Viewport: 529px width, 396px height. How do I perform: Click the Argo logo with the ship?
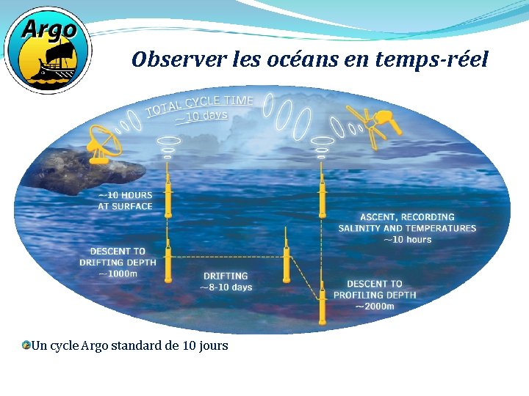pos(47,49)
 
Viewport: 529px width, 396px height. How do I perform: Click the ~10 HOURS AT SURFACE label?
pos(126,200)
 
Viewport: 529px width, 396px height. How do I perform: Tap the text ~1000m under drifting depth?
pos(118,274)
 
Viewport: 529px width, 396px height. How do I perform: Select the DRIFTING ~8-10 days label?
pos(226,282)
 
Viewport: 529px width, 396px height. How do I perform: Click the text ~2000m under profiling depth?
pos(375,306)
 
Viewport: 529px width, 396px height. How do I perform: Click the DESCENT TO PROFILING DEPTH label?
pos(375,289)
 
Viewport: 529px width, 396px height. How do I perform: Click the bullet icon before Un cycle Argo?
pos(26,345)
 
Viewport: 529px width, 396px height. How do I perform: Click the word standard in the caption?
pos(137,345)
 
